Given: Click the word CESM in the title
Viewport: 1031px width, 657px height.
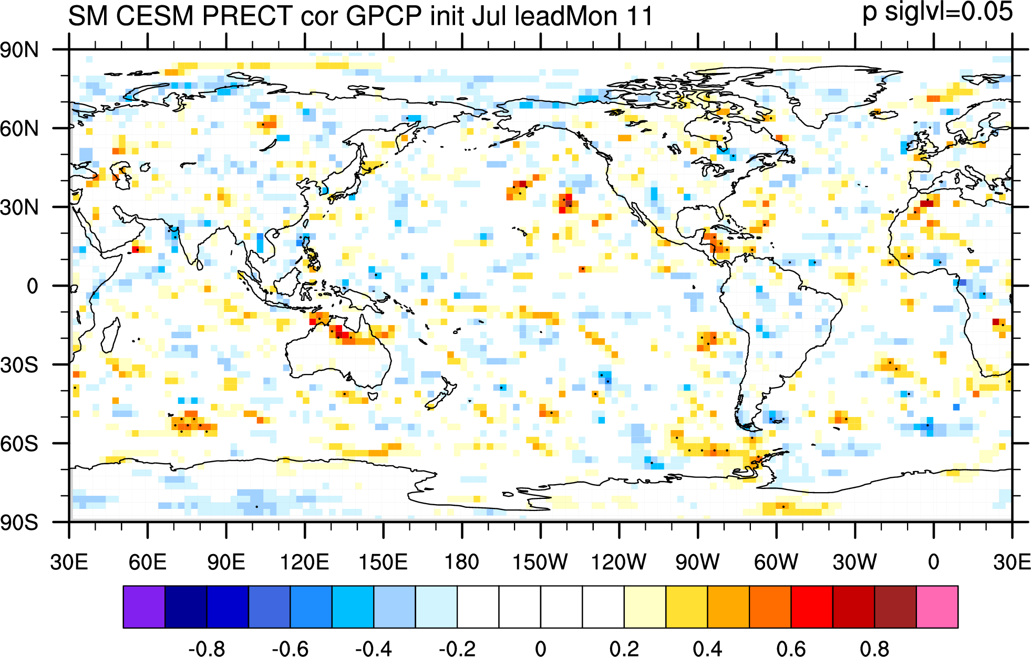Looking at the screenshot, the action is pos(155,16).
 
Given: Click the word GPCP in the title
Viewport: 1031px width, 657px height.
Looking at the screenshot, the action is pos(384,16).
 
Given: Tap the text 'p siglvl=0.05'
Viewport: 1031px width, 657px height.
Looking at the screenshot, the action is pos(937,12).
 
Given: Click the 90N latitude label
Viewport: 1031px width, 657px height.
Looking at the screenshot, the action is pos(19,50).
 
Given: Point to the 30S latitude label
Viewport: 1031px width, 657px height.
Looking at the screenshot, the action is pos(19,365).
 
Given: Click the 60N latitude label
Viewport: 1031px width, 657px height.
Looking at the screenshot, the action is pos(19,129).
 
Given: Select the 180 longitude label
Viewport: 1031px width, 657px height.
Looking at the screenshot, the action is pos(462,562).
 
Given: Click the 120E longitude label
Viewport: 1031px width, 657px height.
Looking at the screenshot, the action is pos(304,562).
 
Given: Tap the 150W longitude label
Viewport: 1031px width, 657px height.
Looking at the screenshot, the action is pos(540,562).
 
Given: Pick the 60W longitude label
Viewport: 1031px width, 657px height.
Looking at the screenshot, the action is pos(776,562).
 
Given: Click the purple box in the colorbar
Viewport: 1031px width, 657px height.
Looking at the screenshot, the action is pos(144,607).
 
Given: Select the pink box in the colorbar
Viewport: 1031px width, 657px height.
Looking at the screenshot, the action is pos(937,607).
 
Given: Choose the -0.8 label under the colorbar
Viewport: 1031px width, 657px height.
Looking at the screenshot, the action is pos(207,649).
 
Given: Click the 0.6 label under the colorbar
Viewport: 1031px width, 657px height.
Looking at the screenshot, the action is pos(791,649).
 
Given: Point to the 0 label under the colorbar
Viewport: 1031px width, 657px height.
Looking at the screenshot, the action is pos(541,649).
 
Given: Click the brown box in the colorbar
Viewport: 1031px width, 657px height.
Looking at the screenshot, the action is pos(895,607).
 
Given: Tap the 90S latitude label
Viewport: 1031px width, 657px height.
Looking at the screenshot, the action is pos(19,523).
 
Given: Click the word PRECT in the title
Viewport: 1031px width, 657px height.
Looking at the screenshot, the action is pos(247,16).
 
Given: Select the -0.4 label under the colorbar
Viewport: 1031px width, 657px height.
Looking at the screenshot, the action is pos(373,649).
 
